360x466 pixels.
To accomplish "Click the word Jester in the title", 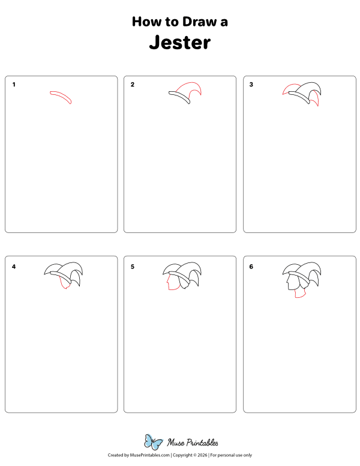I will tap(180, 43).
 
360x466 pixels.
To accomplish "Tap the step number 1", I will tap(14, 85).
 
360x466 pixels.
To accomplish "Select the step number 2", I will tap(133, 85).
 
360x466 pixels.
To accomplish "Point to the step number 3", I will tap(251, 85).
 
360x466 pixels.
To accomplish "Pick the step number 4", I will tap(14, 266).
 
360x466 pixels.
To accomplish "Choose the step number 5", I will tap(133, 266).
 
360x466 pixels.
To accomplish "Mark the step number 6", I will tap(251, 266).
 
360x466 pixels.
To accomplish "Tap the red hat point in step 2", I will tap(193, 88).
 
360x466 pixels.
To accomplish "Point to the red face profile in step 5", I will tap(167, 283).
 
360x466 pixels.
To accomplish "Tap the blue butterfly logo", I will tap(153, 443).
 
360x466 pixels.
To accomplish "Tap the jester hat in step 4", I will tap(63, 271).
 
